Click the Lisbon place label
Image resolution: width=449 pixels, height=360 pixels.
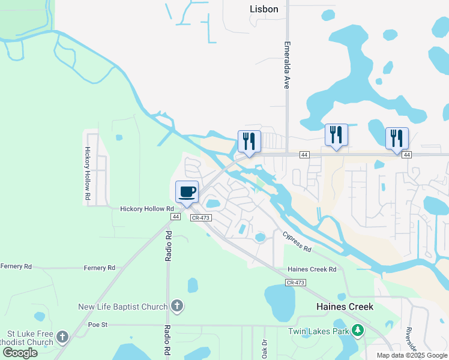point(264,9)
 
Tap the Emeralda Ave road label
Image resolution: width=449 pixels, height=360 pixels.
point(287,65)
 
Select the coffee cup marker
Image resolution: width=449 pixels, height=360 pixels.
point(187,192)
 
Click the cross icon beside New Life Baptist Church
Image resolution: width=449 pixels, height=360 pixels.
point(176,307)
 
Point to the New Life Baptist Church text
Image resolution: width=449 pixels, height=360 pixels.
point(122,307)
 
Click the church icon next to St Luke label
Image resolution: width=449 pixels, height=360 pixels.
point(63,338)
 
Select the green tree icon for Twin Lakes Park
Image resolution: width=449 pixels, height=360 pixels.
point(358,331)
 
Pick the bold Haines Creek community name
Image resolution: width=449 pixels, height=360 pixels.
point(345,307)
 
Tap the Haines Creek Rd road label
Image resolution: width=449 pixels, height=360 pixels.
point(312,269)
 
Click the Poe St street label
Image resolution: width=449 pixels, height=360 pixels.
point(97,325)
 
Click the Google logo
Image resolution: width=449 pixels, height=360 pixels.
point(20,353)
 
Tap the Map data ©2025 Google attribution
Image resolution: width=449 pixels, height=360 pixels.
point(411,355)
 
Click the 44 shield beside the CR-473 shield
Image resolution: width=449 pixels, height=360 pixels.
point(175,216)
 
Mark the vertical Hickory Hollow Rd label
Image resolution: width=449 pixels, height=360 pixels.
point(88,173)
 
